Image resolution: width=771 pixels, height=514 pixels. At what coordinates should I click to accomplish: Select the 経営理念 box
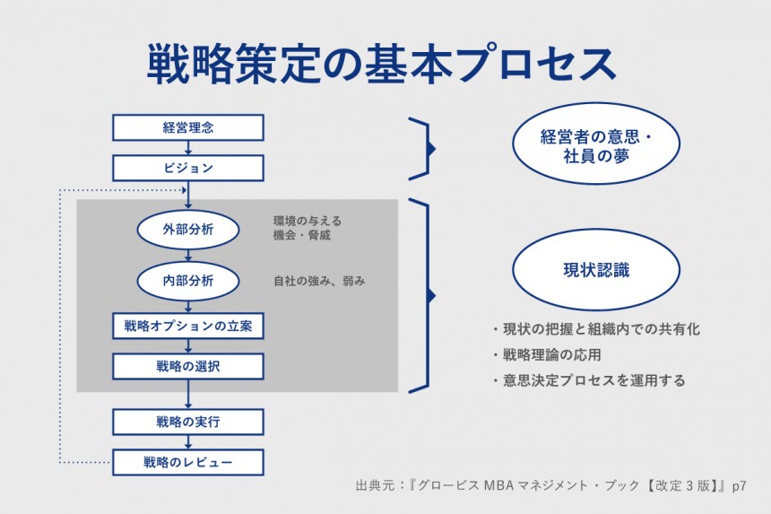click(188, 127)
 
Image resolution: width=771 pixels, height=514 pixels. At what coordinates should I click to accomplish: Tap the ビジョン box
click(188, 168)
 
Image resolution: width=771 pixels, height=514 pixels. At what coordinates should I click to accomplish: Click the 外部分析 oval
click(188, 230)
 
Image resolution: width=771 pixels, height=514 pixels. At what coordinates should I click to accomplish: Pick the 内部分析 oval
click(188, 281)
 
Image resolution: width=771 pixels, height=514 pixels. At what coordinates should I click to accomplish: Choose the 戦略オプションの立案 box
click(188, 326)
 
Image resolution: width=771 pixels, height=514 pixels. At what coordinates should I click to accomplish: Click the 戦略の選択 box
click(188, 366)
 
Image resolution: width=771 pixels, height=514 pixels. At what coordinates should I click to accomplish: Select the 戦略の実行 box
click(188, 423)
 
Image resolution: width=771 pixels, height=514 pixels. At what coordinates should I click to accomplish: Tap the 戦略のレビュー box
click(188, 463)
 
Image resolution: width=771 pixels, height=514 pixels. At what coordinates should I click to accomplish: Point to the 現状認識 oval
click(595, 268)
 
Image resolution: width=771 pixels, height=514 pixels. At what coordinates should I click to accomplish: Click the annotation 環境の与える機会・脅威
click(308, 229)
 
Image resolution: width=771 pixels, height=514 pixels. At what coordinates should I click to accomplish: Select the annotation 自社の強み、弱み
click(319, 281)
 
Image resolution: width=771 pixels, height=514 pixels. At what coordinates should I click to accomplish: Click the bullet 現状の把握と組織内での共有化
click(596, 329)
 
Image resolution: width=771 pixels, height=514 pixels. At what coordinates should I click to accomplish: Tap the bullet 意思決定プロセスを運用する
click(589, 380)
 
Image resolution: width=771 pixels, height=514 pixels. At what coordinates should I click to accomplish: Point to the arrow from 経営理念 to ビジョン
click(188, 148)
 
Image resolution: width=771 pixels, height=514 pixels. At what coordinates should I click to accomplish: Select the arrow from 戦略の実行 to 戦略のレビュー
click(188, 442)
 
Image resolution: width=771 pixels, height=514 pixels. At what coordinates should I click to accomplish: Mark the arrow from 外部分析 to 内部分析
click(188, 256)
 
